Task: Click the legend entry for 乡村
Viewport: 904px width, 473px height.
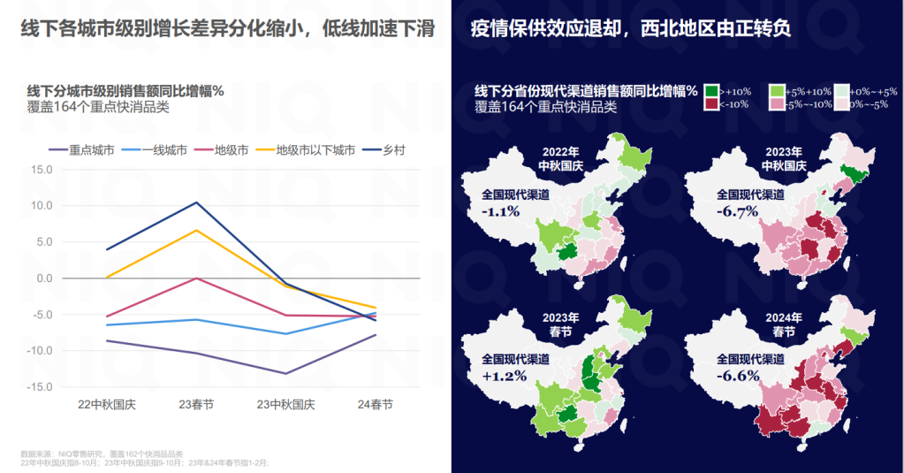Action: [x=393, y=150]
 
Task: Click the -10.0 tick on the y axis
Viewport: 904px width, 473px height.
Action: [x=40, y=351]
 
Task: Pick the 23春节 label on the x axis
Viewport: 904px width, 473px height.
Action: [x=195, y=404]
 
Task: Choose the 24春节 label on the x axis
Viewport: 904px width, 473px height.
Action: [x=375, y=404]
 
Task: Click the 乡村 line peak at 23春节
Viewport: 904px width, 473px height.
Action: [x=196, y=202]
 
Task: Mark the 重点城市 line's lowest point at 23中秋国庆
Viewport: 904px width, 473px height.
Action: [x=285, y=373]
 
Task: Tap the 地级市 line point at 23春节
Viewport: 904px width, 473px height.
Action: [x=196, y=278]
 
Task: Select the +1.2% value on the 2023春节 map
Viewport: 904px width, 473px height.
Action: [x=504, y=376]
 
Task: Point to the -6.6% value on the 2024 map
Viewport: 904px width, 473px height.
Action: [x=738, y=376]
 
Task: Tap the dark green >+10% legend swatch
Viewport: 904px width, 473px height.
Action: [x=710, y=90]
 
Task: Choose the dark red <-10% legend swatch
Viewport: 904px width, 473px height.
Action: [x=710, y=103]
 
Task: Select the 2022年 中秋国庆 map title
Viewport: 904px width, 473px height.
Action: [x=560, y=157]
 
